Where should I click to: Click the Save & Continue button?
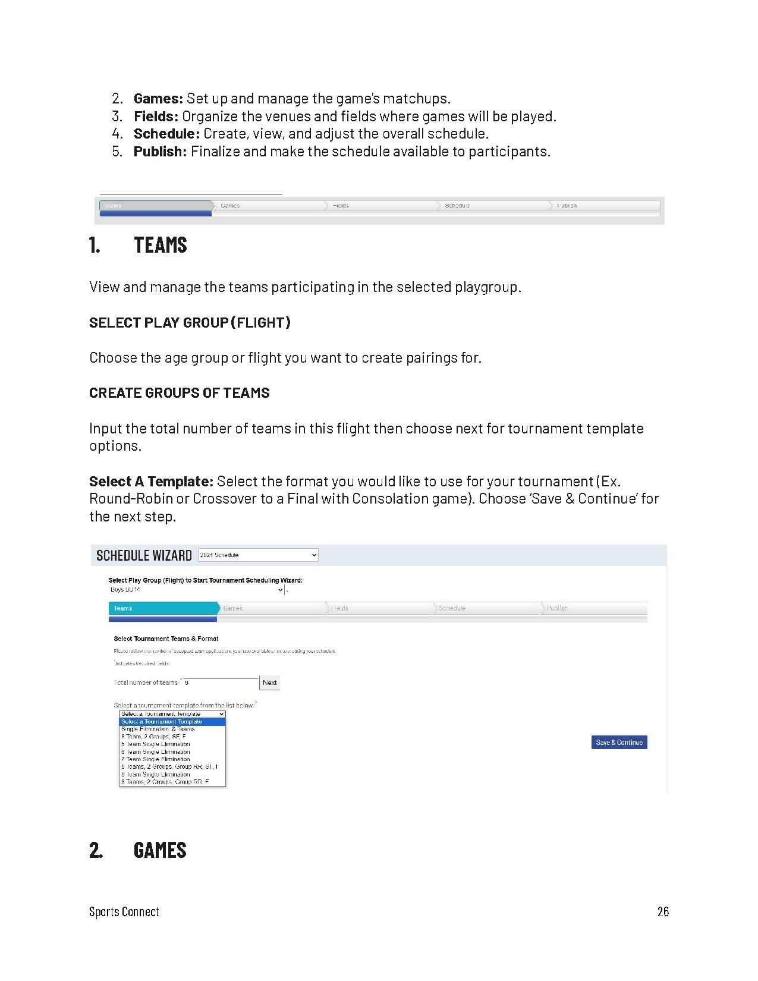[619, 742]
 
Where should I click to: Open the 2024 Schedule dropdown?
[258, 555]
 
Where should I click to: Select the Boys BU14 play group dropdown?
[196, 590]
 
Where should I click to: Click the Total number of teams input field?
[221, 683]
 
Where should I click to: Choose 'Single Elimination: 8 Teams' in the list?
[158, 729]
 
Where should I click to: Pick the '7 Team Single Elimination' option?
[156, 759]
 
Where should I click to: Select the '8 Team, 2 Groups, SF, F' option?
[154, 737]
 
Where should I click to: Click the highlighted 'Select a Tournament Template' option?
[162, 722]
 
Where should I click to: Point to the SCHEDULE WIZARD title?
[144, 555]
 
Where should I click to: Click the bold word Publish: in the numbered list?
[160, 152]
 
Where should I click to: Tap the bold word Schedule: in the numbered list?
[166, 134]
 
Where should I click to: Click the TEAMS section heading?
[160, 245]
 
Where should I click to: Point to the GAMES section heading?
[159, 850]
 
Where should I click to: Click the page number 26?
[663, 911]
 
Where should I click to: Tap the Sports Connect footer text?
[124, 911]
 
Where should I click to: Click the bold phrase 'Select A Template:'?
[151, 481]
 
